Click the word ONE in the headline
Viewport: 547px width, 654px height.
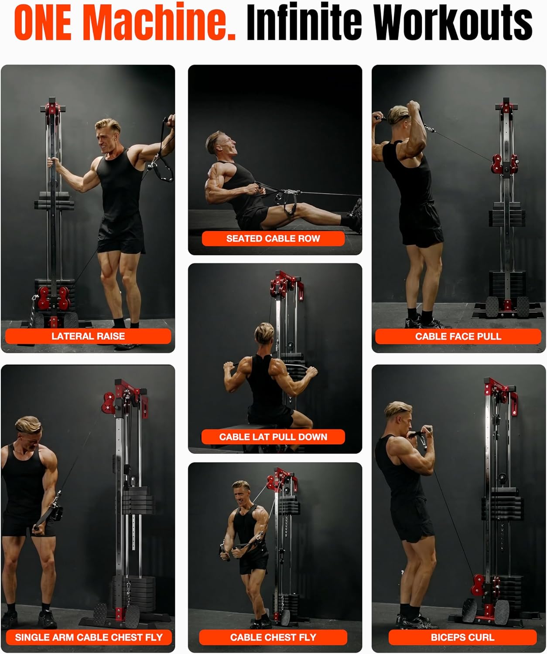[x=43, y=22]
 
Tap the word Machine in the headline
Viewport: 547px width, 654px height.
[x=159, y=21]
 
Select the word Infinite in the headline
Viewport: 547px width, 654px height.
[x=304, y=21]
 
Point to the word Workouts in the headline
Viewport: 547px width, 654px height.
[x=453, y=21]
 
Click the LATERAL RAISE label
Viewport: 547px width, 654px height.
[x=88, y=336]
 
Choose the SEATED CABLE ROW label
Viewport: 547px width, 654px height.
[x=273, y=238]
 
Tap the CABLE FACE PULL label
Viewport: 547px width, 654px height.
[x=458, y=337]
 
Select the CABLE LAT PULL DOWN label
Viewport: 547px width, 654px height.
[x=273, y=436]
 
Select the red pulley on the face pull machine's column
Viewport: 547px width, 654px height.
[x=505, y=164]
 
